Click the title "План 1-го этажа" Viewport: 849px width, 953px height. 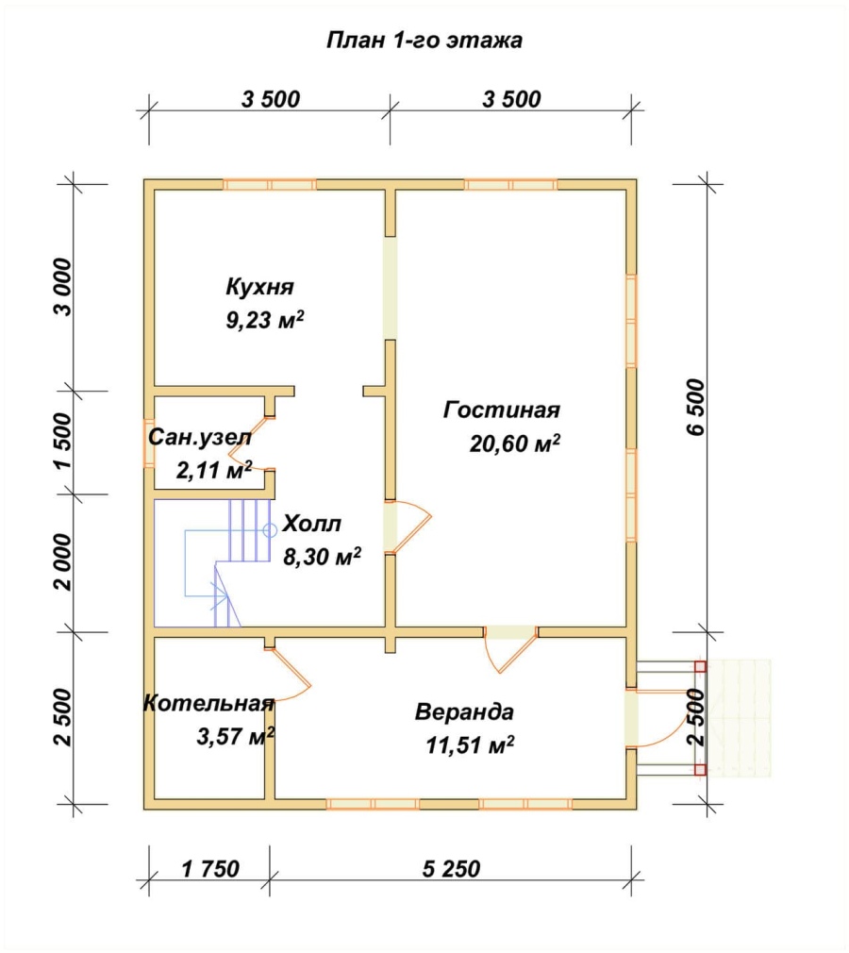(424, 41)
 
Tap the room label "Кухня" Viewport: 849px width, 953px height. (260, 286)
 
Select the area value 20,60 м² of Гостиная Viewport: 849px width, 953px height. (515, 443)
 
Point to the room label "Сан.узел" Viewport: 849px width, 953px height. (200, 437)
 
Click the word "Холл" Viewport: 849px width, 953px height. (312, 524)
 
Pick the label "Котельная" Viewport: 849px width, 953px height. (209, 703)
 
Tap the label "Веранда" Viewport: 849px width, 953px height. (464, 711)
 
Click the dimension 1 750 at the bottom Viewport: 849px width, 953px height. (210, 869)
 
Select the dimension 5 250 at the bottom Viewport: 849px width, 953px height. (451, 869)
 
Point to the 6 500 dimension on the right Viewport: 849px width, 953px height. (696, 407)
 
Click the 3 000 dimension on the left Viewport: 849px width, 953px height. (62, 287)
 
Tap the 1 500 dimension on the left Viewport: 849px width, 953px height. (62, 442)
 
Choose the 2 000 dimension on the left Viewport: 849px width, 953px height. (62, 562)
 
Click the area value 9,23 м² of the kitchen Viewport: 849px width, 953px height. (265, 320)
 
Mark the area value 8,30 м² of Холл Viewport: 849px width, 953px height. (322, 556)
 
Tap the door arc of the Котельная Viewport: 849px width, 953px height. (291, 675)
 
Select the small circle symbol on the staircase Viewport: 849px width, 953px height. (270, 530)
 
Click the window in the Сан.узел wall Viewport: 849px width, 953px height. (149, 443)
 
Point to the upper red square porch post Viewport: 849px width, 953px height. (700, 666)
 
